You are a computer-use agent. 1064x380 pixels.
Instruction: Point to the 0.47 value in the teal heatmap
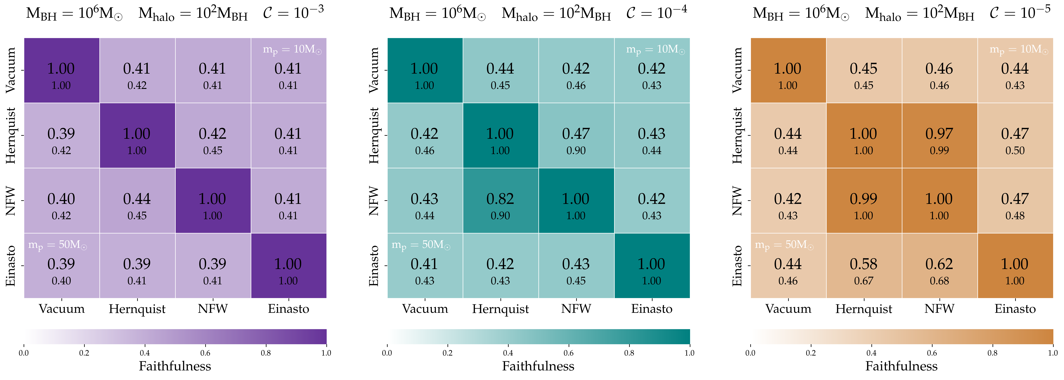pos(576,134)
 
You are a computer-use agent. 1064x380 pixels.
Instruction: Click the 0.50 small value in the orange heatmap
pos(1015,151)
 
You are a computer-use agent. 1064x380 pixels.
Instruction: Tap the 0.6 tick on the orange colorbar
pos(932,353)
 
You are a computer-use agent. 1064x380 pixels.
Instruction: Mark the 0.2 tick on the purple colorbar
pos(84,353)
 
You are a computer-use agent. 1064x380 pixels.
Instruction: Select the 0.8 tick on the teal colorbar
pos(629,353)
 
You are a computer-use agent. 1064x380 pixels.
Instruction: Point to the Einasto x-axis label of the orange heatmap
pos(1015,309)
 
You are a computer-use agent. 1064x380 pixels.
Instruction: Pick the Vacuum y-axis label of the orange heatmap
pos(737,70)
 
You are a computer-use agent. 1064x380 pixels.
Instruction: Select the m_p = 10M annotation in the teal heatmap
pos(656,49)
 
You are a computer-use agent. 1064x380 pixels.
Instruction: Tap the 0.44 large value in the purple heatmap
pos(137,199)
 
